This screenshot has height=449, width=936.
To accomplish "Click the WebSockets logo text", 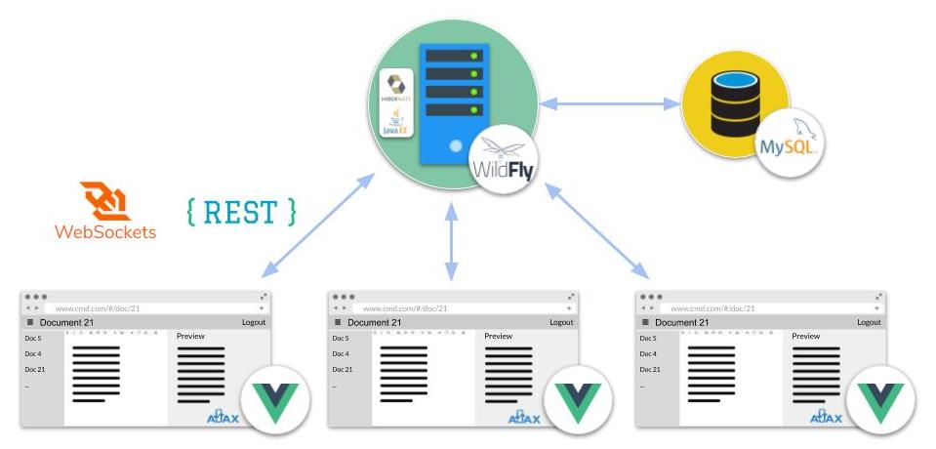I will pyautogui.click(x=104, y=232).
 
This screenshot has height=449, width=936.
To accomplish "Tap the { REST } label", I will pyautogui.click(x=240, y=211).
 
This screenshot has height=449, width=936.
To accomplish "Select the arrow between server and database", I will pyautogui.click(x=611, y=101).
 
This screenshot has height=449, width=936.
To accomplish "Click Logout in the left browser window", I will pyautogui.click(x=253, y=322).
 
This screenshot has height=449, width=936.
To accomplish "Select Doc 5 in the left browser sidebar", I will pyautogui.click(x=32, y=338).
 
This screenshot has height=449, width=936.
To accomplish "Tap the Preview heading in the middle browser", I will pyautogui.click(x=499, y=337).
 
